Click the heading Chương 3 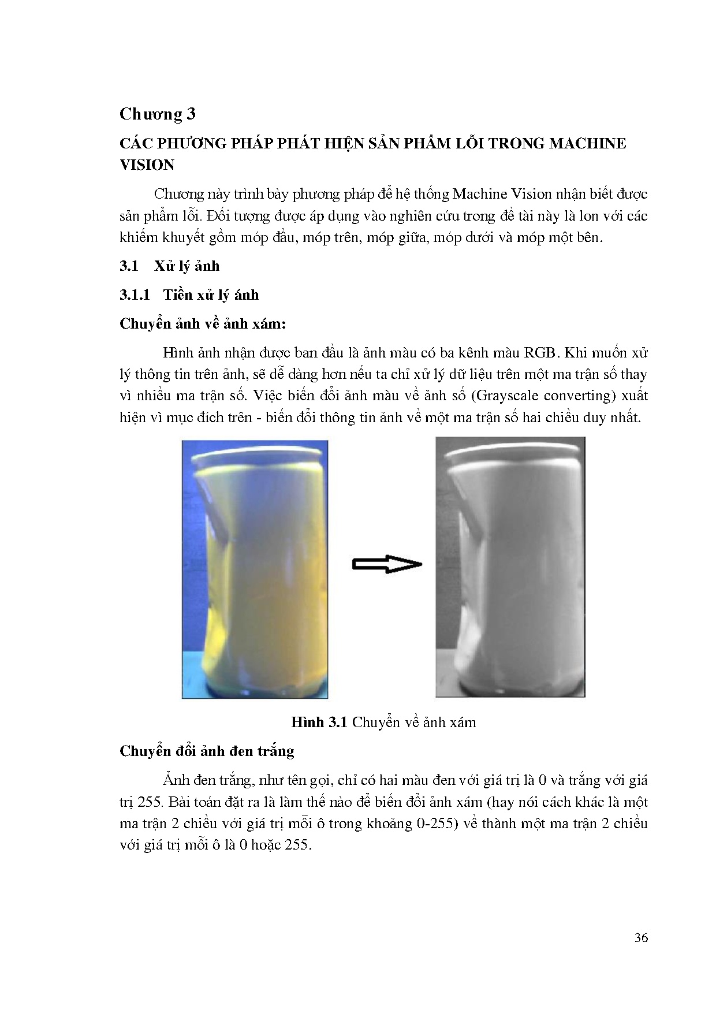[x=158, y=114]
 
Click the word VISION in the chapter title [x=147, y=165]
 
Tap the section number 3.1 [x=129, y=266]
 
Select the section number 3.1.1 [x=135, y=295]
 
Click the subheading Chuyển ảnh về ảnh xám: [x=202, y=323]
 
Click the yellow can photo [x=255, y=569]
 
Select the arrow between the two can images [x=387, y=564]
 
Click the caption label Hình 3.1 [x=318, y=722]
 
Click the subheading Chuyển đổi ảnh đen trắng [x=207, y=751]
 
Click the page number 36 [x=641, y=938]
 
